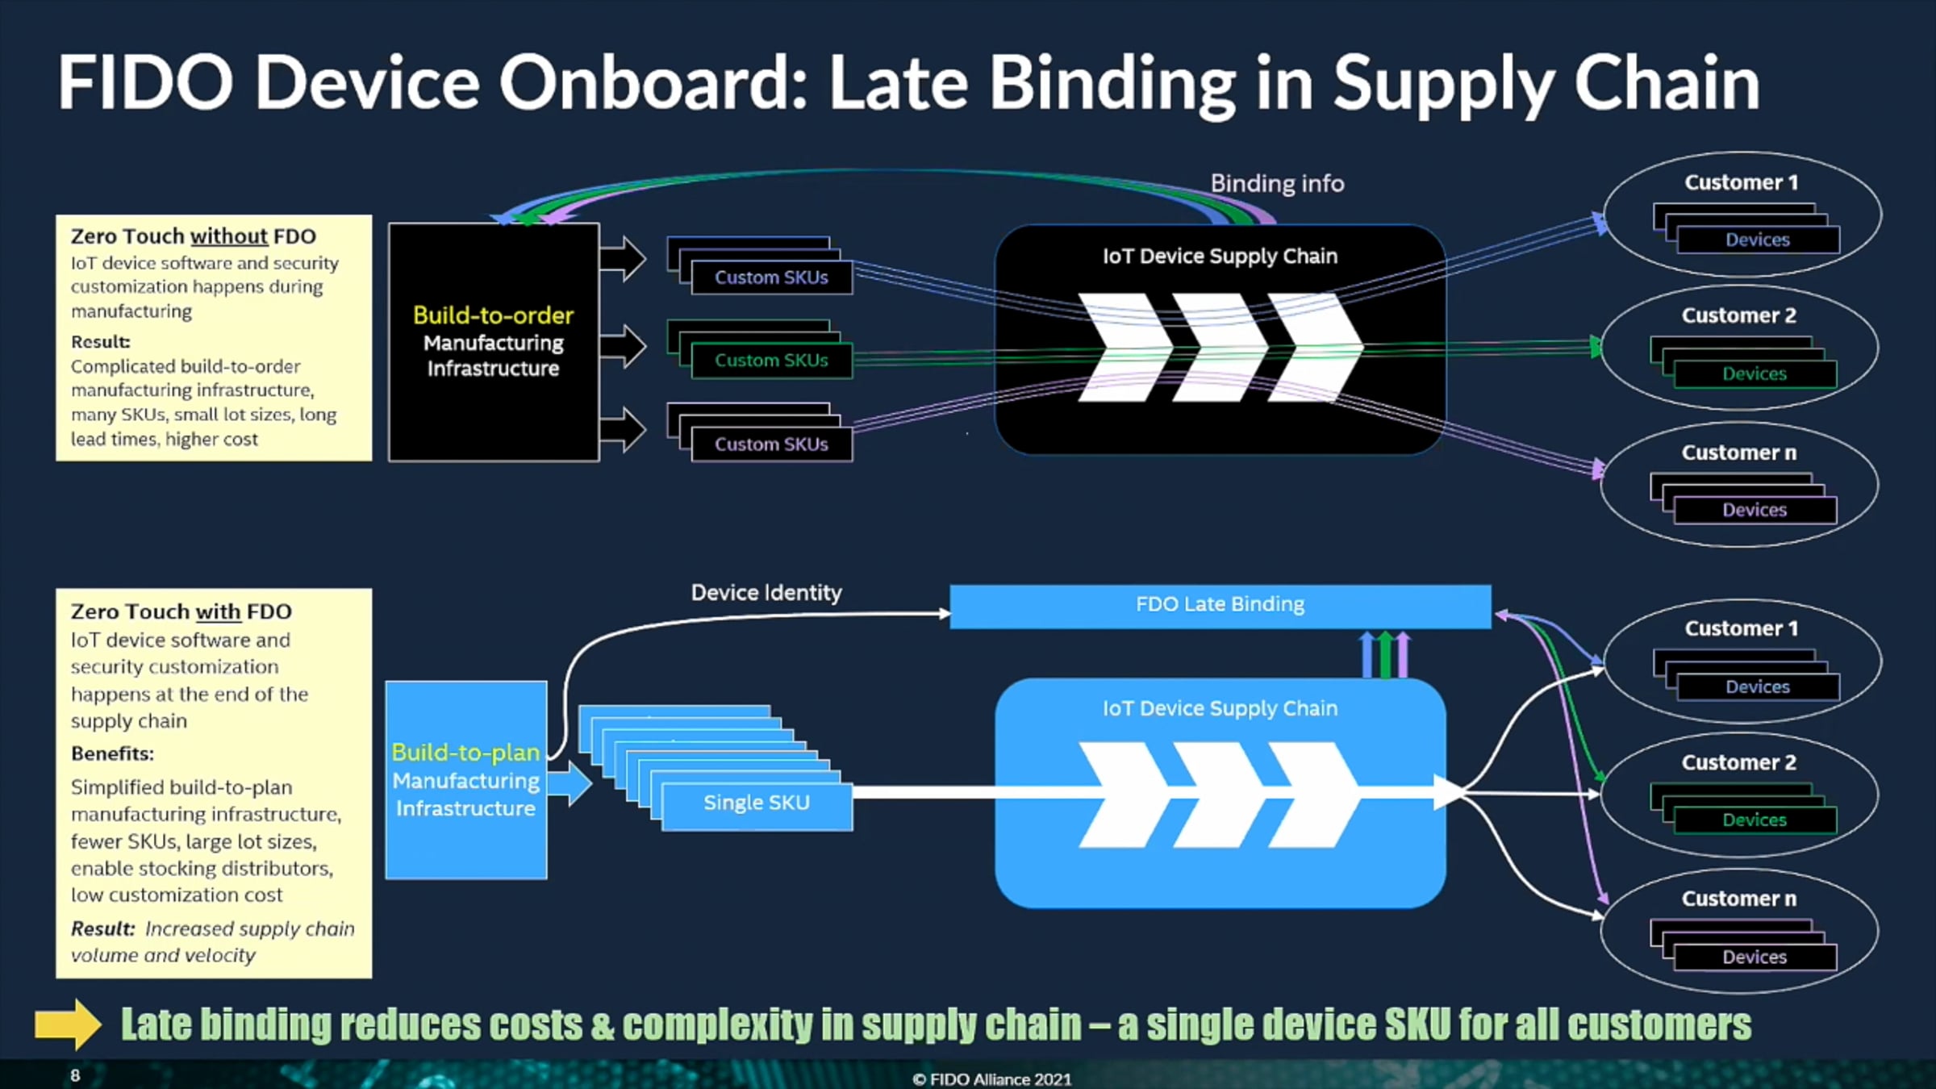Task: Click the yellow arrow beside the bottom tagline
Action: click(68, 1024)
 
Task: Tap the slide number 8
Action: click(75, 1075)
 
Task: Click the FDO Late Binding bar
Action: click(1220, 605)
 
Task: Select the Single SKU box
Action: click(757, 803)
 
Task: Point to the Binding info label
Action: click(1277, 184)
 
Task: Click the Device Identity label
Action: click(766, 593)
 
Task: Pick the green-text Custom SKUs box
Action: click(771, 361)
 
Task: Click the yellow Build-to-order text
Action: click(493, 315)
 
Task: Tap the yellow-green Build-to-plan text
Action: click(465, 753)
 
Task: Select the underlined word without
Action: click(228, 236)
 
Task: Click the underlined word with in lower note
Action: click(218, 611)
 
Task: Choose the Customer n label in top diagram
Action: click(1738, 453)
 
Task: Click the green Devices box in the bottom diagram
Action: click(1754, 820)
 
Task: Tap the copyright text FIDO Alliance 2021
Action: click(992, 1079)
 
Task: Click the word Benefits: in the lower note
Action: click(112, 753)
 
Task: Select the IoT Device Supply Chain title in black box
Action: click(1220, 257)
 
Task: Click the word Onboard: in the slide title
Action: click(653, 82)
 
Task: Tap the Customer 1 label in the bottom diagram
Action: click(1741, 628)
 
